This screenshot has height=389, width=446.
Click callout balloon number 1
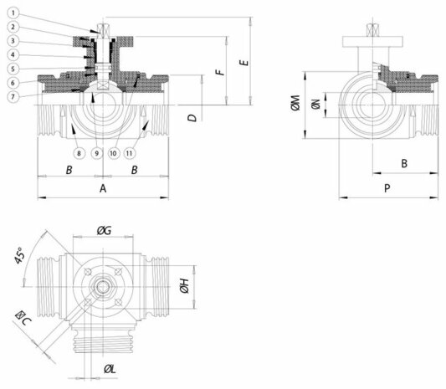coord(13,13)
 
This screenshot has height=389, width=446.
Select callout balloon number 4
coord(13,54)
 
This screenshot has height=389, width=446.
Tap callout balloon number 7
coord(13,97)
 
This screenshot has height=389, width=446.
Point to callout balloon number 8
coord(79,154)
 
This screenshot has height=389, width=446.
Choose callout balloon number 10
coord(113,154)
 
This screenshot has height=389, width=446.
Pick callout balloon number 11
coord(130,154)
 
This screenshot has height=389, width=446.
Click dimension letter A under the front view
coord(103,188)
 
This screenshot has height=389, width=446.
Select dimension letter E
coord(244,63)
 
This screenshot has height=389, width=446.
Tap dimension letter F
coord(220,72)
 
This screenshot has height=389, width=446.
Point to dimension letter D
coord(192,117)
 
